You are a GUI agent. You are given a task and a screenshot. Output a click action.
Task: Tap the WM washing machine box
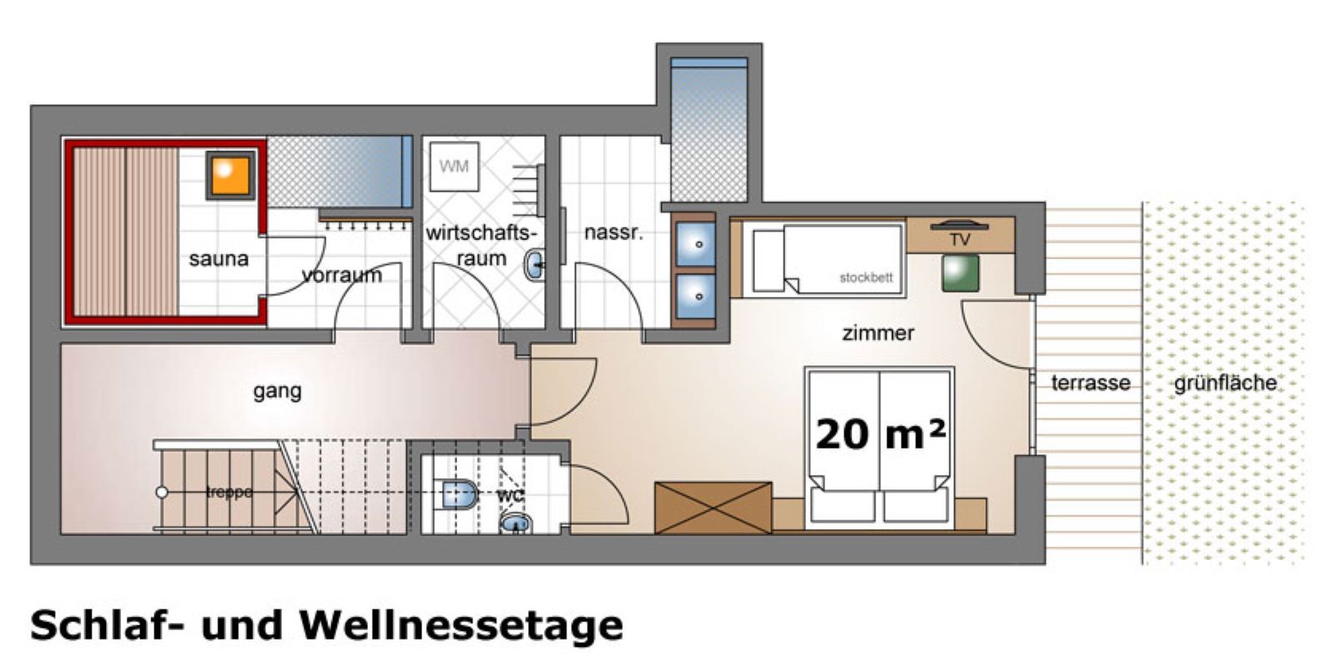coord(454,166)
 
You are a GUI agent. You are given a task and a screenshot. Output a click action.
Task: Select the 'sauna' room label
coord(219,259)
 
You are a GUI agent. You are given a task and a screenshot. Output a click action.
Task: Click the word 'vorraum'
coord(342,274)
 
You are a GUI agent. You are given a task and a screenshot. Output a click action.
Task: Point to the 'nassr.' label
coord(613,233)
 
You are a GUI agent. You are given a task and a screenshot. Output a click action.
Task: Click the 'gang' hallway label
coord(277,390)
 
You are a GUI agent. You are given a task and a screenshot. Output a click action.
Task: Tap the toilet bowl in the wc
coord(457,494)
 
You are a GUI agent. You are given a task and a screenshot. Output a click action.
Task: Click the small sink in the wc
coord(516,524)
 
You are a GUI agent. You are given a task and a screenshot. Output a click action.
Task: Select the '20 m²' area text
coord(879,434)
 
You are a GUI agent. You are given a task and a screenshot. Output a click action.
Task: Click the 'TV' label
coord(960,240)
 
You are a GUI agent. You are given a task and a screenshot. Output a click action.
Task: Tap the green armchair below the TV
coord(960,273)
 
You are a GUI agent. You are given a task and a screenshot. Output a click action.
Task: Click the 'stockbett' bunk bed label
coord(865,278)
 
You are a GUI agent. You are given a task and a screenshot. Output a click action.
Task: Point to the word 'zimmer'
coord(878,333)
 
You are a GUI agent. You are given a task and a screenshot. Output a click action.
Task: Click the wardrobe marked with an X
coord(713,507)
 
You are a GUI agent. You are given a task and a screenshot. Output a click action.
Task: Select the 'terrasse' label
coord(1090,383)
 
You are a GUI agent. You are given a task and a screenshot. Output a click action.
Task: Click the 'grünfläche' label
coord(1225,384)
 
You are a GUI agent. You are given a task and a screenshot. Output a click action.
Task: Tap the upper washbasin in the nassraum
coord(694,244)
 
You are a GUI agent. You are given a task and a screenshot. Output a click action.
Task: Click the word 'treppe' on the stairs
coord(229,492)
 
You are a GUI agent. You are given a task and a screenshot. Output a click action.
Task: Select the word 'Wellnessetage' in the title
coord(461,624)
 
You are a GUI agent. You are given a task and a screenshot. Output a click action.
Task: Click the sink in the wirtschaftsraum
coord(534,266)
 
